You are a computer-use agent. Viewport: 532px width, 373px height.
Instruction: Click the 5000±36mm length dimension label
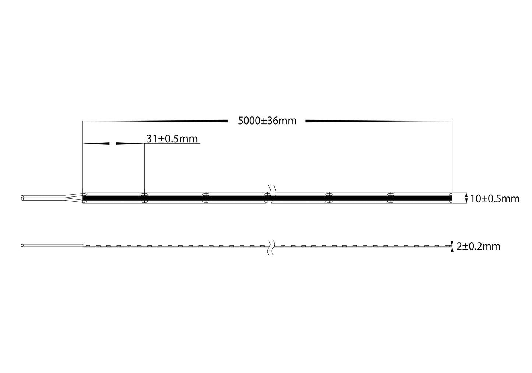(267, 121)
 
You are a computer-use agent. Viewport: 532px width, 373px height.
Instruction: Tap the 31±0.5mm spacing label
(172, 139)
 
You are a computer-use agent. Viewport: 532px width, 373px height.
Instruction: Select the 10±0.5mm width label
(494, 199)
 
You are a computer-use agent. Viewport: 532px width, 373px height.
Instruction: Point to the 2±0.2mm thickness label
(478, 246)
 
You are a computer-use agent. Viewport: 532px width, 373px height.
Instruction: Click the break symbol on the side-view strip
(272, 246)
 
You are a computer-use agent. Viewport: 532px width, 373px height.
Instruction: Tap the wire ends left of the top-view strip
(23, 198)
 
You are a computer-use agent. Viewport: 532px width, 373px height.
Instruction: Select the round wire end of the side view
(23, 245)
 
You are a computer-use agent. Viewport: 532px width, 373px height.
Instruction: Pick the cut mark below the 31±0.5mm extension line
(144, 198)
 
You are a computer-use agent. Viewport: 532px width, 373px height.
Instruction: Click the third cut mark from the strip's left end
(206, 198)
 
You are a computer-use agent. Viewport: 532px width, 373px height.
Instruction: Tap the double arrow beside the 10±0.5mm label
(466, 198)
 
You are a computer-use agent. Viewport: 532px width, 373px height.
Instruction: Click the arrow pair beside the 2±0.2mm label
(452, 246)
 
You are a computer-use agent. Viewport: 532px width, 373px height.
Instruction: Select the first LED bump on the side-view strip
(88, 245)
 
